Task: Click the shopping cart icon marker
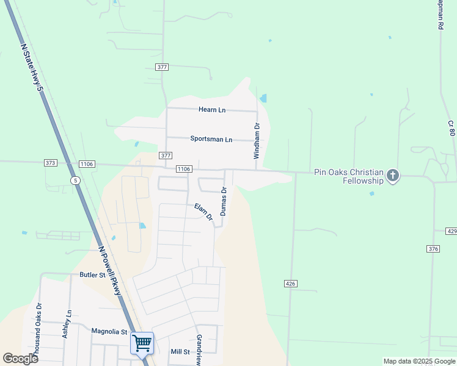pyautogui.click(x=142, y=343)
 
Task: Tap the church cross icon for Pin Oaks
pyautogui.click(x=393, y=176)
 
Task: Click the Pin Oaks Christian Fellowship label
pyautogui.click(x=348, y=176)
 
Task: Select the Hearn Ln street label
pyautogui.click(x=212, y=110)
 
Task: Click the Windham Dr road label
pyautogui.click(x=257, y=141)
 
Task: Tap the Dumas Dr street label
pyautogui.click(x=224, y=201)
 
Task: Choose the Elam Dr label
pyautogui.click(x=203, y=212)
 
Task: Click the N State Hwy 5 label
pyautogui.click(x=33, y=68)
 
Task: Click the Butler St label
pyautogui.click(x=93, y=275)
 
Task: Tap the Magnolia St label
pyautogui.click(x=109, y=332)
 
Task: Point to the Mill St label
pyautogui.click(x=180, y=352)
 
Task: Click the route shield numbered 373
pyautogui.click(x=51, y=163)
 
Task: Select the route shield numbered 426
pyautogui.click(x=291, y=284)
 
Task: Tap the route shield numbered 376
pyautogui.click(x=433, y=249)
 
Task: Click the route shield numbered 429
pyautogui.click(x=452, y=232)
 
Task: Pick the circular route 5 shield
pyautogui.click(x=75, y=181)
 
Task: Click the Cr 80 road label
pyautogui.click(x=452, y=127)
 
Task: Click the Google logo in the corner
pyautogui.click(x=21, y=359)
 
